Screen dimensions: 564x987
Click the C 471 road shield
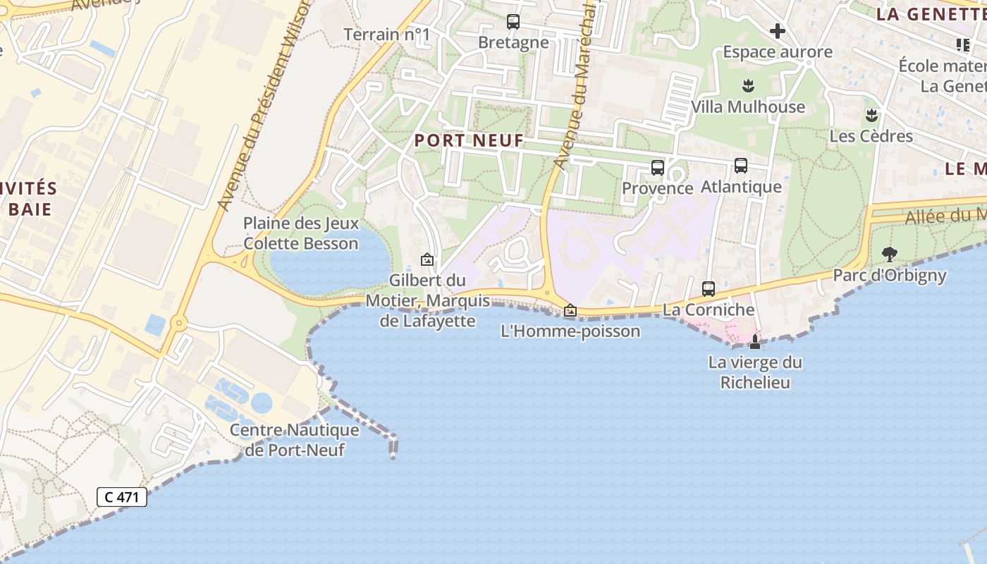pos(122,497)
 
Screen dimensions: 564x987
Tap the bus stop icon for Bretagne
pos(513,22)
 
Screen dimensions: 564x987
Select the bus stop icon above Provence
pos(658,168)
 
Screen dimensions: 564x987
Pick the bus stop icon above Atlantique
pos(741,166)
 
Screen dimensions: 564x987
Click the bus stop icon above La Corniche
pos(709,289)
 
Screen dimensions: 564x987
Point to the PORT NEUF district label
pos(469,140)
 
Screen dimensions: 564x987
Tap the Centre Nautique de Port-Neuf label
pos(295,440)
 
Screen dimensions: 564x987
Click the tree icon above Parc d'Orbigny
pos(890,254)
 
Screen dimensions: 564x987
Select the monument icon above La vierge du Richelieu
pos(755,343)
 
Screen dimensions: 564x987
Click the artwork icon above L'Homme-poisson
pos(570,310)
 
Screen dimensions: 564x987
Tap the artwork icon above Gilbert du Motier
pos(427,259)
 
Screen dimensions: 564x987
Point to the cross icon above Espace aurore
pos(778,31)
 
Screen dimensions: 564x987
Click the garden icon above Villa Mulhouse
pos(748,87)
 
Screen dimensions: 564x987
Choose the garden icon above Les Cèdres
pos(872,115)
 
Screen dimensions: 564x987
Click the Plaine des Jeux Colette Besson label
pos(301,233)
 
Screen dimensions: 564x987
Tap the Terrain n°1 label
pos(386,34)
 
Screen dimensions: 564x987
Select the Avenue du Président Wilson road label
pos(255,106)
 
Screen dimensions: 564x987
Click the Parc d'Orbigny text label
pos(890,275)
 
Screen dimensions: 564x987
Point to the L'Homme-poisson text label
pos(570,331)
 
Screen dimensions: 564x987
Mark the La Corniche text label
pos(709,309)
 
